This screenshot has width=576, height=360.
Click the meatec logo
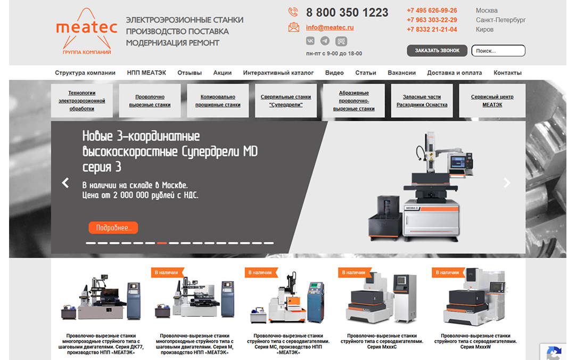click(x=86, y=31)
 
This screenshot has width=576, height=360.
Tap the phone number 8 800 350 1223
click(x=347, y=12)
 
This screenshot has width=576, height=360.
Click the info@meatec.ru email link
click(x=330, y=28)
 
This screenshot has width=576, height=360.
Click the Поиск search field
click(x=498, y=51)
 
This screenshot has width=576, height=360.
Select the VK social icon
click(x=310, y=41)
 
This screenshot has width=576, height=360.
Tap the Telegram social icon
click(x=325, y=41)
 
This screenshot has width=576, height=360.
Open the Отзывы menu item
click(x=190, y=73)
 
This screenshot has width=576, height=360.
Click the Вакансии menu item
click(x=401, y=73)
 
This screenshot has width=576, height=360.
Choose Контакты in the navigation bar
click(x=507, y=73)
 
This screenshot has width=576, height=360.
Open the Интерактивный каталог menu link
click(x=278, y=73)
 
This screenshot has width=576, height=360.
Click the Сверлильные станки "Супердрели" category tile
click(x=286, y=101)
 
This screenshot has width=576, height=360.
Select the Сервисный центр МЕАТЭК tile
click(x=492, y=101)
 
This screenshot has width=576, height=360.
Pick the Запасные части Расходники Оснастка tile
click(x=422, y=101)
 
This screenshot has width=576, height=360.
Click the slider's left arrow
click(x=65, y=183)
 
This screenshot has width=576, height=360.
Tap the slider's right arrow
click(x=507, y=183)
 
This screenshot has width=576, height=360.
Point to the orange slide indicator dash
click(x=162, y=243)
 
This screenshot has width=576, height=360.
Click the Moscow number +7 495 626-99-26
click(x=432, y=11)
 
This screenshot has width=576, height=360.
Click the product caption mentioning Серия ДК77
click(x=101, y=344)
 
